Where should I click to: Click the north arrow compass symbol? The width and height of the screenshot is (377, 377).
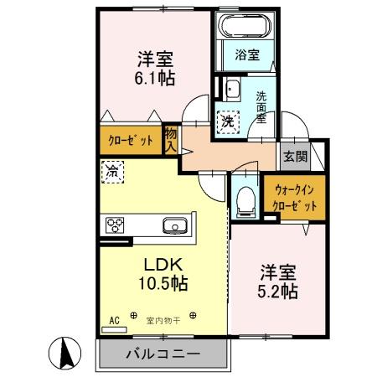click(65, 354)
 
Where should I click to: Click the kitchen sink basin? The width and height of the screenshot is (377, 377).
click(175, 225)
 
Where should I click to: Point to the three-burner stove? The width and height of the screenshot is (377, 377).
click(115, 225)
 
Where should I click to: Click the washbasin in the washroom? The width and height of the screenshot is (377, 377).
click(233, 90)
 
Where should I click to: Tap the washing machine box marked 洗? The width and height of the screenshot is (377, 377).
click(228, 121)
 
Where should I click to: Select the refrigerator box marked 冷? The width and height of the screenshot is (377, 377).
click(112, 172)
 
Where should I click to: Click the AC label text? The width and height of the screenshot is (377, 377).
click(115, 321)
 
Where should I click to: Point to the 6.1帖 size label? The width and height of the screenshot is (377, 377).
click(155, 79)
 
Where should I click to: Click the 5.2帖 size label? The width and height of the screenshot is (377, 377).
click(277, 292)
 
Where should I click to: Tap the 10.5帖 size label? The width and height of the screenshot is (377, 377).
click(163, 284)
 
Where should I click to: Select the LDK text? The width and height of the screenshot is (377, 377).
click(163, 265)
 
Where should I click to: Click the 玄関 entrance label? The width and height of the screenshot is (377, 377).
click(295, 157)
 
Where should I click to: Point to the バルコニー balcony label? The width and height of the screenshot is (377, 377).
click(163, 354)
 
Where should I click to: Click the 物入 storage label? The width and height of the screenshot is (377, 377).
click(171, 141)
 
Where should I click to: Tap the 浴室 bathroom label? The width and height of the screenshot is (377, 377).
click(247, 54)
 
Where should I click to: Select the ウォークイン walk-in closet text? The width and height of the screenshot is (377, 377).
click(294, 190)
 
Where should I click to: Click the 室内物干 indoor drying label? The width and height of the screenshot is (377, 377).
click(163, 321)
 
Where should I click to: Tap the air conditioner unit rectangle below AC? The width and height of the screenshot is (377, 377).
click(114, 330)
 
